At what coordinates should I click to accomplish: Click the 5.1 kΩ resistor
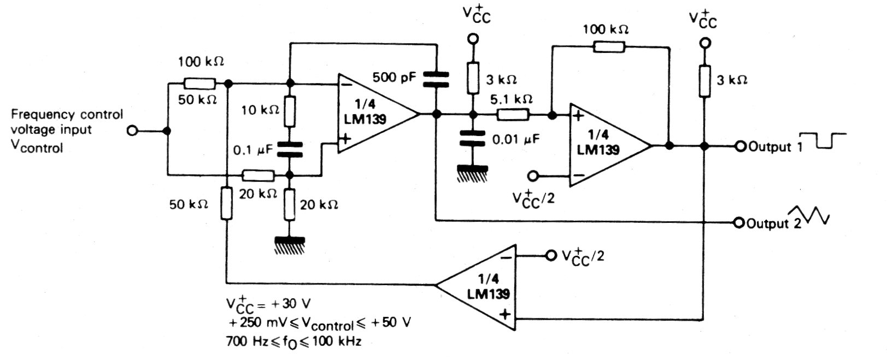pyautogui.click(x=513, y=115)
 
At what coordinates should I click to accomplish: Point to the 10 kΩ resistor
pyautogui.click(x=290, y=111)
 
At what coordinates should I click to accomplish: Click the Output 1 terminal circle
pyautogui.click(x=741, y=146)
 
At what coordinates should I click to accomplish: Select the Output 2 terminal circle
pyautogui.click(x=740, y=223)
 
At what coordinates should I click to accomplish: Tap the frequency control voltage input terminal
pyautogui.click(x=131, y=131)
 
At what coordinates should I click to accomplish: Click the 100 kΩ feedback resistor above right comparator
pyautogui.click(x=609, y=47)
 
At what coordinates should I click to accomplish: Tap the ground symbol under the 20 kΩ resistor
pyautogui.click(x=290, y=244)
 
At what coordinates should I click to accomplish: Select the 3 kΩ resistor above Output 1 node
pyautogui.click(x=704, y=79)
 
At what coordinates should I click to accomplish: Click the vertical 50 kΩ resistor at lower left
pyautogui.click(x=226, y=203)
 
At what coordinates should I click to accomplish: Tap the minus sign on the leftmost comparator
pyautogui.click(x=345, y=85)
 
